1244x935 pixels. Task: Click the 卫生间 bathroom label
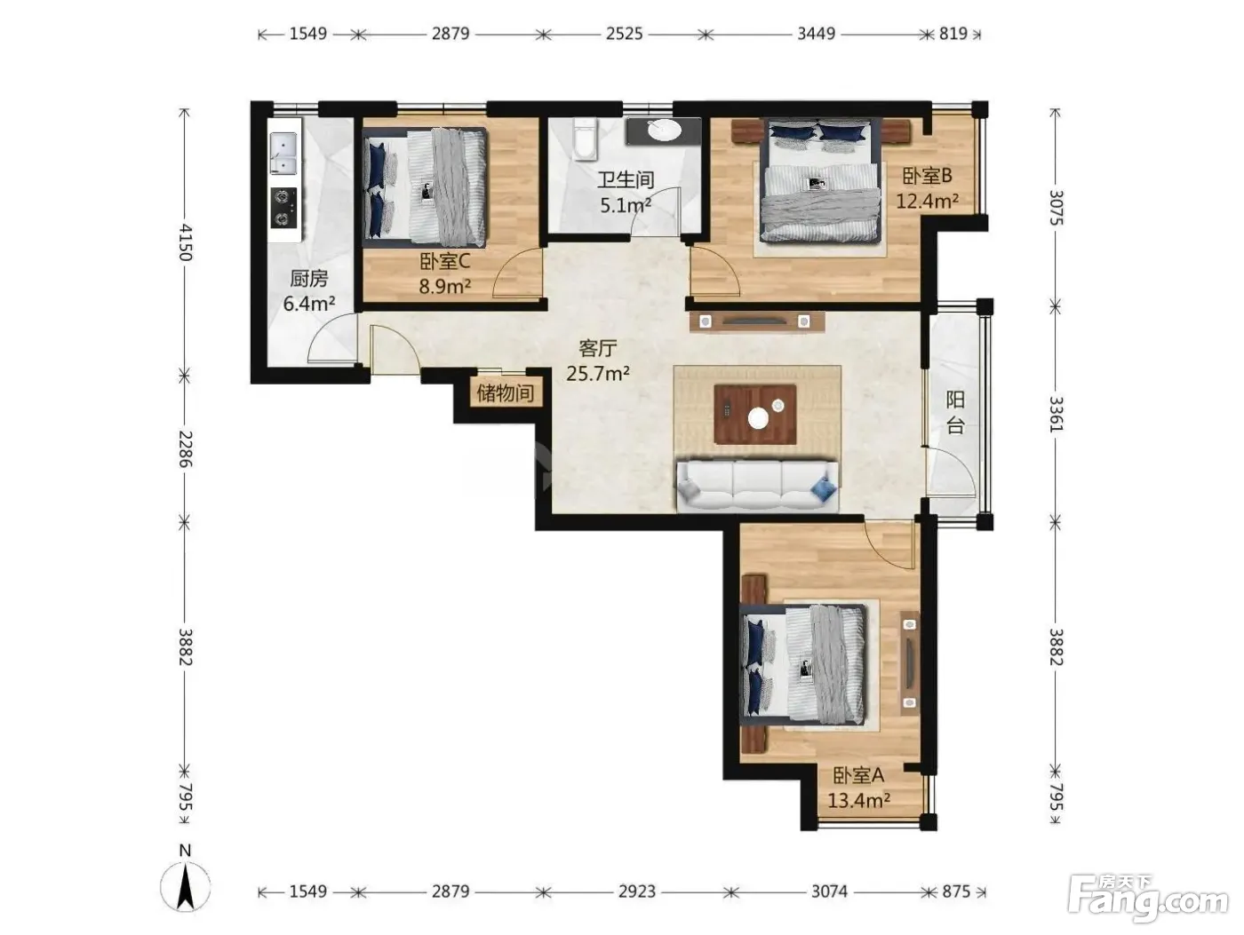[626, 180]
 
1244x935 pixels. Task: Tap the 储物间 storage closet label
[506, 392]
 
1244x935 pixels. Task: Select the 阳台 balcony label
[955, 412]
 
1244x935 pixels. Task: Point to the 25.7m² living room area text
[598, 374]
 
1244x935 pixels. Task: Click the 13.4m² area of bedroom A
[858, 801]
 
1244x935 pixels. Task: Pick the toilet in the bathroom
[584, 139]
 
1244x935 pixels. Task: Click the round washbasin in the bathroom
[664, 131]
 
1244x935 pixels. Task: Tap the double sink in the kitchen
[283, 154]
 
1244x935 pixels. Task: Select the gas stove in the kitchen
[283, 208]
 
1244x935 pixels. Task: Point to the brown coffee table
[755, 415]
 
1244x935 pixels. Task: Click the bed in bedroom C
[425, 186]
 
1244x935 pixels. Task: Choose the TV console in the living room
[756, 321]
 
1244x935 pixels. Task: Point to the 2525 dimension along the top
[624, 34]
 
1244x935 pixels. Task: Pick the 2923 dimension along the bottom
[637, 892]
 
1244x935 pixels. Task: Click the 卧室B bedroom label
[927, 176]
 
